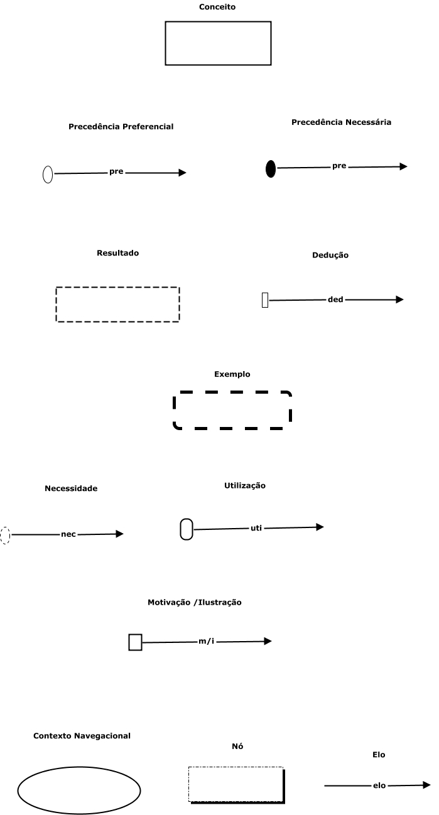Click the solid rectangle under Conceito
pos(218,43)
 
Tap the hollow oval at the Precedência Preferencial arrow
pos(48,175)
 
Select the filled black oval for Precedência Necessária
pos(271,169)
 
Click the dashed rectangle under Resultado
pos(117,305)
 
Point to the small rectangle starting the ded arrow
pos(265,300)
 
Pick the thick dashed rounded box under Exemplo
pos(232,411)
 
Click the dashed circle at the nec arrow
pos(5,535)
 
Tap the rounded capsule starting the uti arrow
pos(187,529)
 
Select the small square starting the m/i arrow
pos(135,642)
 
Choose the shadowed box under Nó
pos(236,784)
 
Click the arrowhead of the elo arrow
pos(426,784)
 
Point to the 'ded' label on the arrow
pos(335,300)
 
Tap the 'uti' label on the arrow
pos(256,528)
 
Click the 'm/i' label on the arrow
pos(207,642)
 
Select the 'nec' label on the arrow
pos(68,534)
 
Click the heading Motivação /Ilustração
pos(195,602)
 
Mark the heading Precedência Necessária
pos(341,122)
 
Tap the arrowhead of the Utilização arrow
pos(320,527)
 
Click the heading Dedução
pos(330,256)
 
